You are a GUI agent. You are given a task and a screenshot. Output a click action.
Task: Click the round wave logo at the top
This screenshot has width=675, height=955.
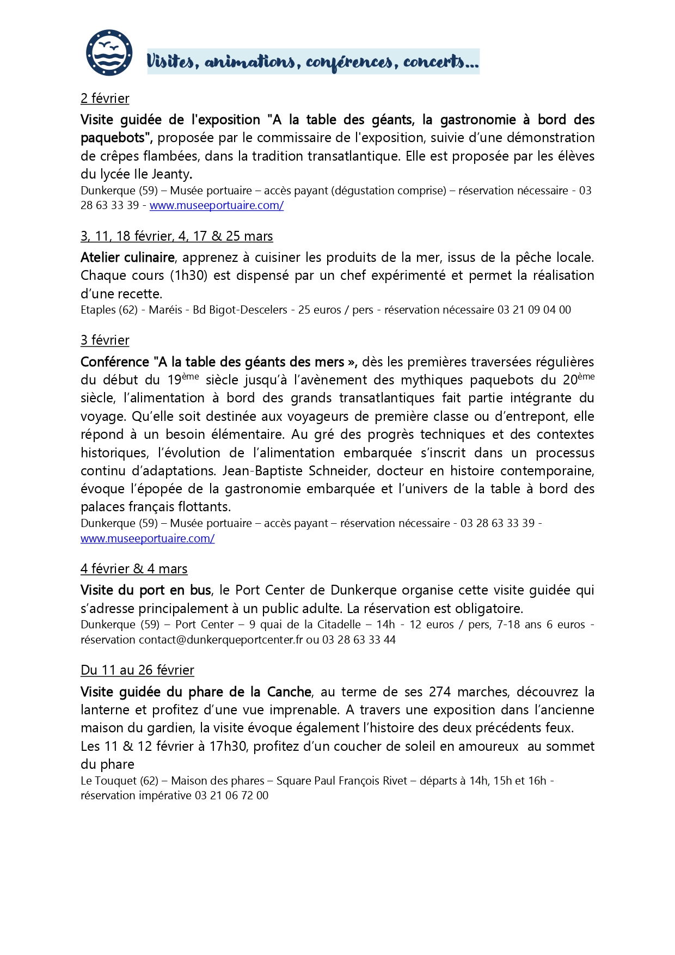click(109, 53)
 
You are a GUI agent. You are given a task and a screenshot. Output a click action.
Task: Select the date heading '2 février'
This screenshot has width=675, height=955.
click(105, 99)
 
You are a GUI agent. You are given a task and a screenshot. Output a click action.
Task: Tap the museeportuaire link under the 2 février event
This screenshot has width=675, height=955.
click(217, 205)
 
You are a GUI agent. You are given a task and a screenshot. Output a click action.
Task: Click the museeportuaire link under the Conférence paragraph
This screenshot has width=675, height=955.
click(148, 538)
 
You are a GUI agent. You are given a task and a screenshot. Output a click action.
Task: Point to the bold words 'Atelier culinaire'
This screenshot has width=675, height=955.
click(128, 258)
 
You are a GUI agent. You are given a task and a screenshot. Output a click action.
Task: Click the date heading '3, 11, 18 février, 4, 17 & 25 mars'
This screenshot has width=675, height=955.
click(177, 236)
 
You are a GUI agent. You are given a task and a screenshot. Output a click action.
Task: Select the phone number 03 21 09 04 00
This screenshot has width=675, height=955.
click(534, 310)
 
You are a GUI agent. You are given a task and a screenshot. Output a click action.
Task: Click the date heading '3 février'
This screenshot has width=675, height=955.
click(105, 340)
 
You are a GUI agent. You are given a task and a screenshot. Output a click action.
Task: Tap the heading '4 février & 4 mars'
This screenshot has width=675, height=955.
click(134, 569)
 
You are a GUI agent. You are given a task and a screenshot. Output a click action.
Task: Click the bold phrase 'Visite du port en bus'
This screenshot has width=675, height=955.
click(146, 590)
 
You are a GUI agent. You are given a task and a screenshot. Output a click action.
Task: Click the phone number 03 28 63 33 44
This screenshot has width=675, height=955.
click(359, 640)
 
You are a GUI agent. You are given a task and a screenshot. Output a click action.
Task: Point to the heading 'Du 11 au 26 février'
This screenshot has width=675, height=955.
click(137, 670)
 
